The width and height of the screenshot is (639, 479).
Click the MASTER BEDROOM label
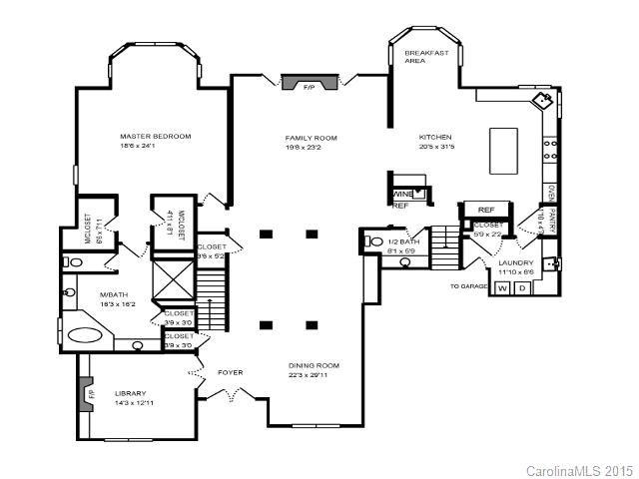tap(155, 136)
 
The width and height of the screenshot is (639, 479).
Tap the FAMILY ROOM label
tap(311, 138)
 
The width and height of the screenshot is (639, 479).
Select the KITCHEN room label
tap(436, 138)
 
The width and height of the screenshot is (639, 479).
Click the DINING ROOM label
tap(315, 365)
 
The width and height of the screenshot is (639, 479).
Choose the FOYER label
tap(231, 372)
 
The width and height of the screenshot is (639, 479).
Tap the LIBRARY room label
tap(131, 392)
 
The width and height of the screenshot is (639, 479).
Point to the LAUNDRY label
tap(516, 261)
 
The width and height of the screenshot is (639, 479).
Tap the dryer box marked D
tap(520, 288)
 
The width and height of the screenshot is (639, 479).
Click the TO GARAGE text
tap(468, 286)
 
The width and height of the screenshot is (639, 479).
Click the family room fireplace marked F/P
tap(308, 85)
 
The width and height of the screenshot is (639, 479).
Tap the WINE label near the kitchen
tap(403, 194)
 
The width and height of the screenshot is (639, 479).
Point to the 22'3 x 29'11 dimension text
tap(315, 375)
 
